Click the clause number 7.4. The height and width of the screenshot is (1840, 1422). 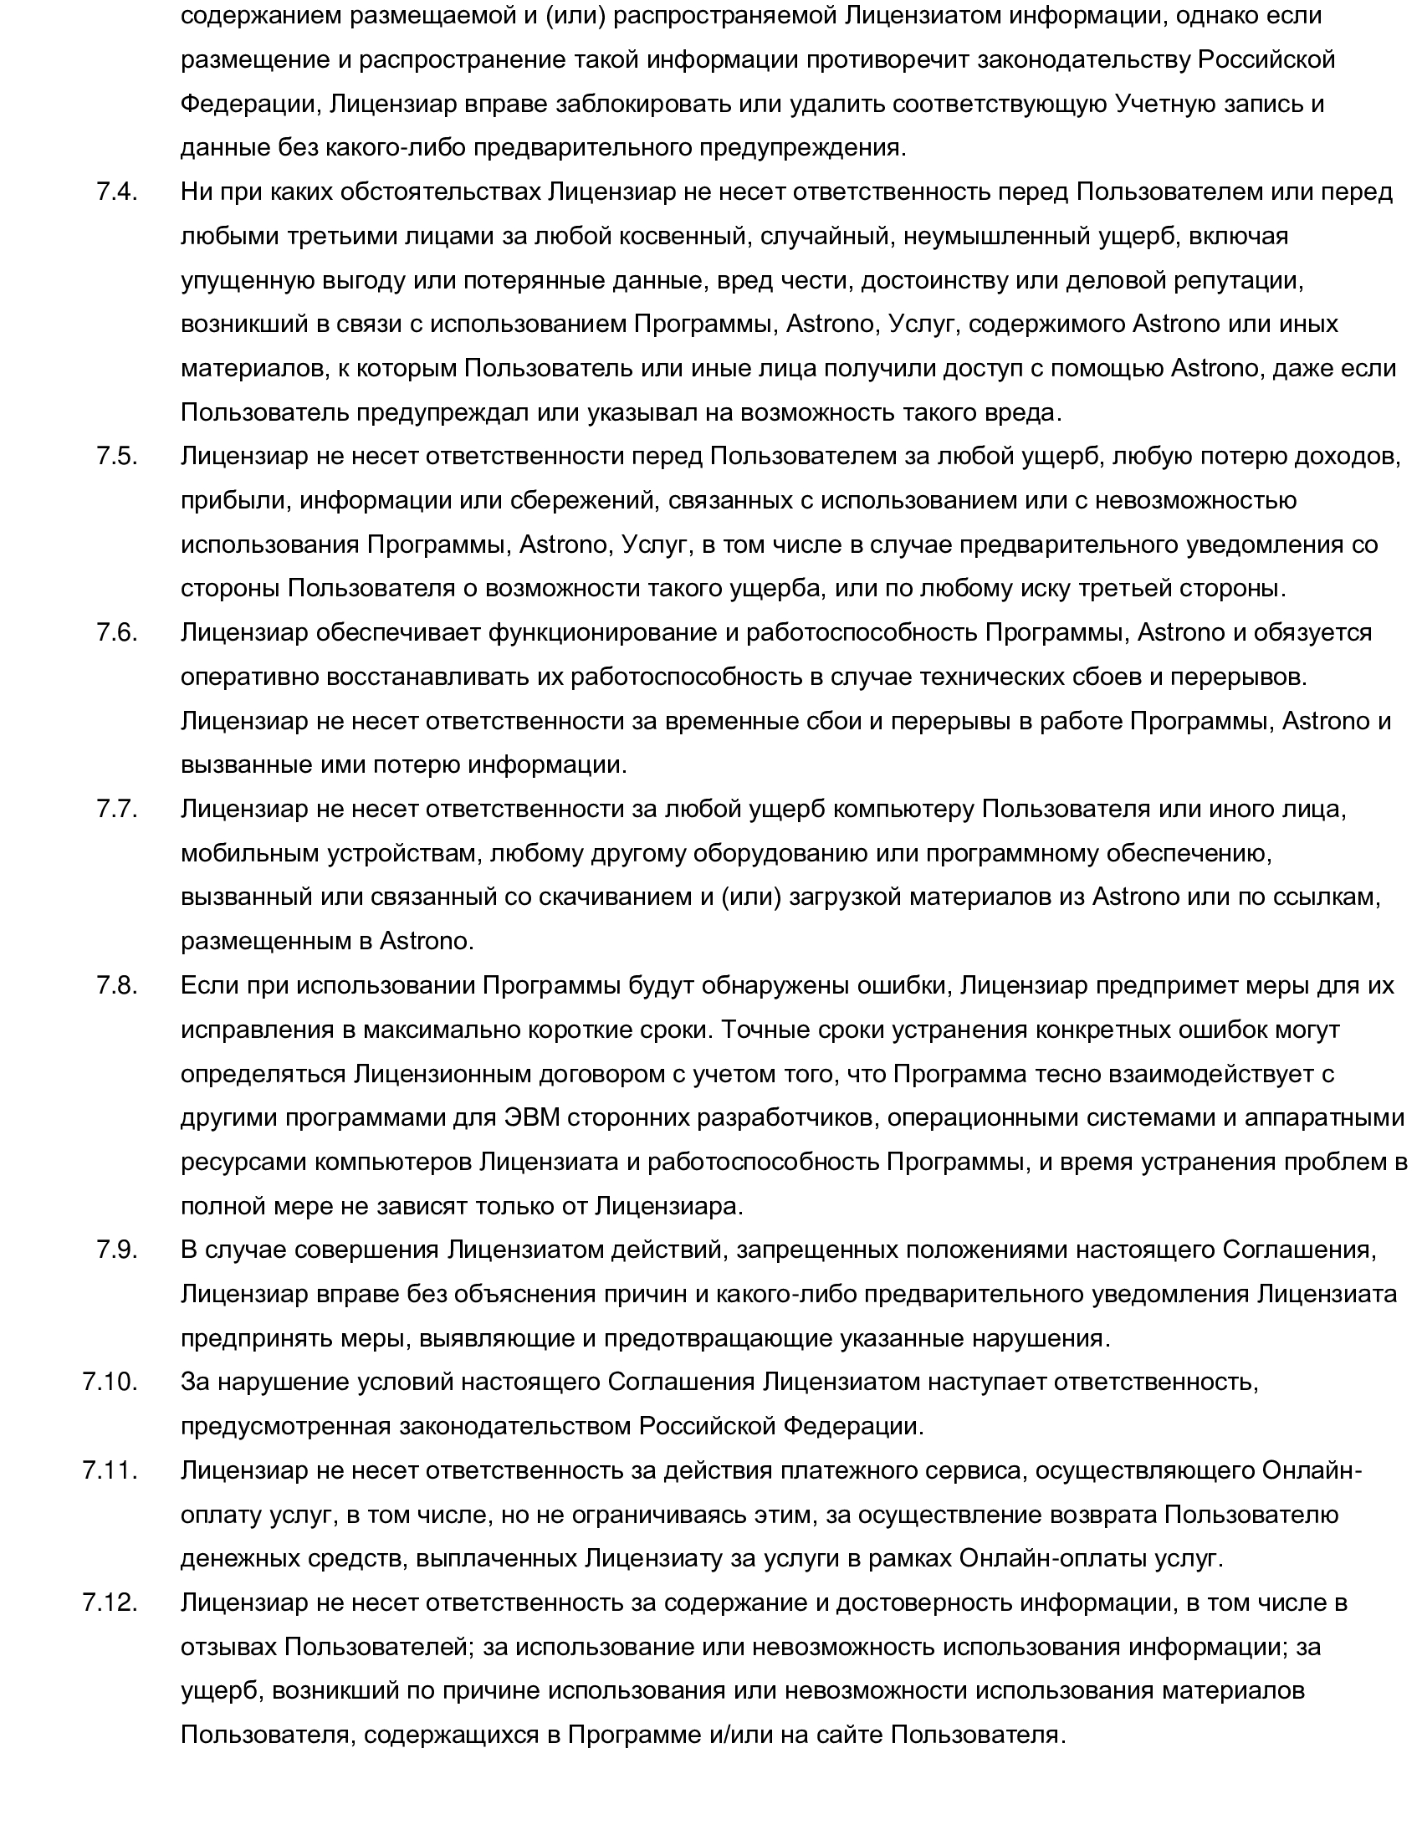(117, 192)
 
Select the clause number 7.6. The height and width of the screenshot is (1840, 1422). (117, 633)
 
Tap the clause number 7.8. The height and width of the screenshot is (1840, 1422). (117, 986)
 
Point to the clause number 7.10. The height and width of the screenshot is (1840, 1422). (110, 1383)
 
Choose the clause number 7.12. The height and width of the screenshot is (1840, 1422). (110, 1602)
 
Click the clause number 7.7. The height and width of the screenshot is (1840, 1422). (117, 810)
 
